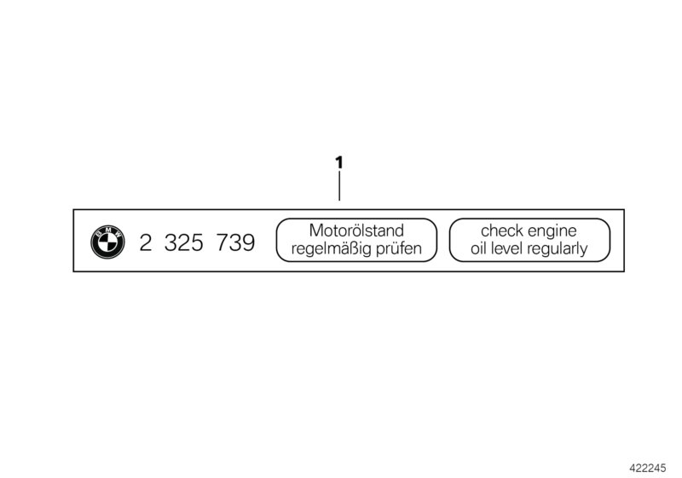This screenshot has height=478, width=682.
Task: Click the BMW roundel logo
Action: [107, 242]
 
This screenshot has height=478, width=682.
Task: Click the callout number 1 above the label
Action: [338, 163]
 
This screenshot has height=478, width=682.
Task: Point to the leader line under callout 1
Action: [339, 186]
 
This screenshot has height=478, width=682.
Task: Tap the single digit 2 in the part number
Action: [145, 242]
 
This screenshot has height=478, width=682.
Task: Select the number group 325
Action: [184, 242]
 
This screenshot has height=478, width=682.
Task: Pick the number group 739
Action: [235, 242]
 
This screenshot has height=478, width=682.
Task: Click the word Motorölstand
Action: [356, 230]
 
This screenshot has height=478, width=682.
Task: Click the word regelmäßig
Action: [332, 249]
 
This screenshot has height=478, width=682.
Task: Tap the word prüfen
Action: [399, 249]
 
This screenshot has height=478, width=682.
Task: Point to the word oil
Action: [478, 248]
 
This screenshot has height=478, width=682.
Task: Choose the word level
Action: [506, 248]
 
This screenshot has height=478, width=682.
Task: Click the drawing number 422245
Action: [648, 468]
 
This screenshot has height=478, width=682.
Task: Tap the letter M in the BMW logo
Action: [107, 229]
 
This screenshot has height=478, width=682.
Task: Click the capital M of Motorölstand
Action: [315, 230]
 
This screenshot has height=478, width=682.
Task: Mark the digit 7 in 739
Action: [223, 242]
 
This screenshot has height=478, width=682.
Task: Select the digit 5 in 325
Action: [197, 242]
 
